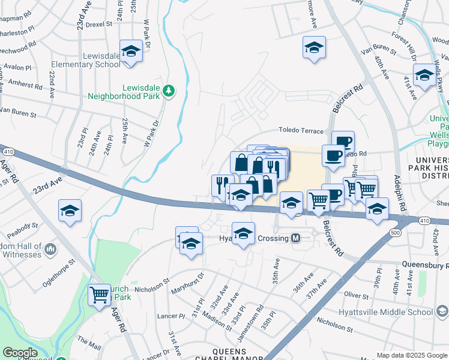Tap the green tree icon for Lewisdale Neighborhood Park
pyautogui.click(x=170, y=91)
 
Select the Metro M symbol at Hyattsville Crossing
pyautogui.click(x=296, y=238)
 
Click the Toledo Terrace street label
pyautogui.click(x=301, y=131)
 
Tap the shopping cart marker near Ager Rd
pyautogui.click(x=99, y=294)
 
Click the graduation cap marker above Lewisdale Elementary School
pyautogui.click(x=130, y=51)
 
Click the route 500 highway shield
pyautogui.click(x=394, y=232)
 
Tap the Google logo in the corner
pyautogui.click(x=20, y=352)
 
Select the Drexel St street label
pyautogui.click(x=99, y=25)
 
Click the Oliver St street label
pyautogui.click(x=356, y=295)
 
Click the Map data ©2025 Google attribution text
pyautogui.click(x=411, y=355)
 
